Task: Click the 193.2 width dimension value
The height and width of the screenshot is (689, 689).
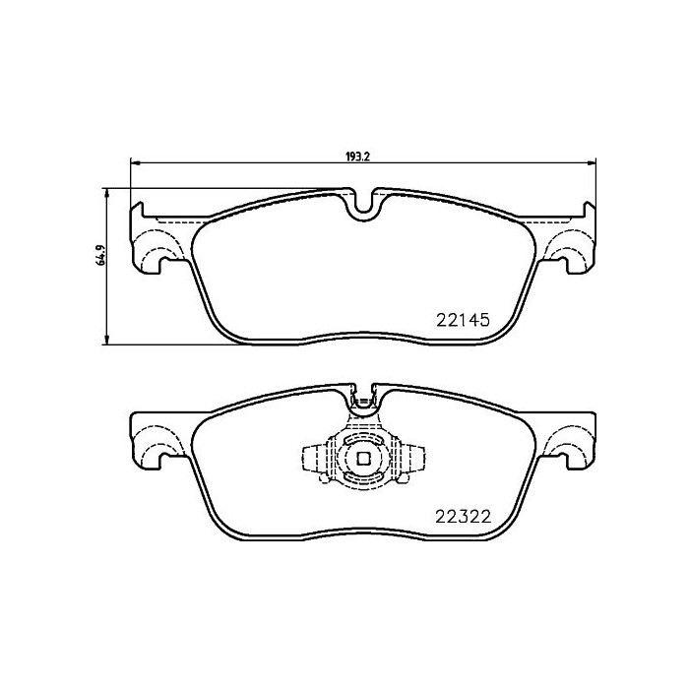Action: [x=357, y=157]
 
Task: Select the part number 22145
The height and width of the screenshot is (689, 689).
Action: [x=463, y=320]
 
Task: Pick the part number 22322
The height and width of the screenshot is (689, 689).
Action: [x=463, y=517]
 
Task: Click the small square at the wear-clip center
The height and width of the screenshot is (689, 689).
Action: [x=363, y=459]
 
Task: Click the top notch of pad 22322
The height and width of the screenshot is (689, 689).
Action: [x=363, y=400]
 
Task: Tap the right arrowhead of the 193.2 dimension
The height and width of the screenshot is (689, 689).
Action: [x=592, y=164]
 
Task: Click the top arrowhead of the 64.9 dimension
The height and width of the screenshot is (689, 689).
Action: [x=106, y=193]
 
